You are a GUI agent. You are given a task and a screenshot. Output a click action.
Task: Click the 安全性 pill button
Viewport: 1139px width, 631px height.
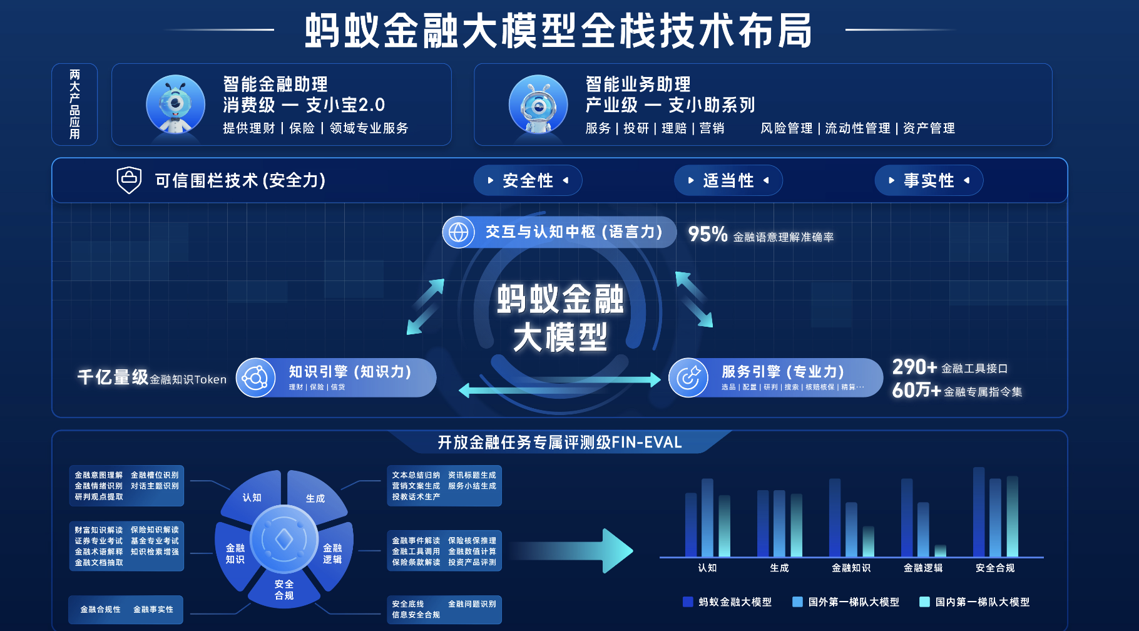528,181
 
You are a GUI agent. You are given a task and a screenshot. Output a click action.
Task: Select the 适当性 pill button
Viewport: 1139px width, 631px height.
728,181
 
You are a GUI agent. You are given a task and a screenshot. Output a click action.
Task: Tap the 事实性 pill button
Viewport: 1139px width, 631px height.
929,181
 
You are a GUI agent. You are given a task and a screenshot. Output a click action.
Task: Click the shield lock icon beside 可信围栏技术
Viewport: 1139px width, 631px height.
129,180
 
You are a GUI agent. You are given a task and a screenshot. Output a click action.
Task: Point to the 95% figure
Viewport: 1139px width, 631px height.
707,234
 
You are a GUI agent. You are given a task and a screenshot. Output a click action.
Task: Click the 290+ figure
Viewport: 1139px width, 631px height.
914,367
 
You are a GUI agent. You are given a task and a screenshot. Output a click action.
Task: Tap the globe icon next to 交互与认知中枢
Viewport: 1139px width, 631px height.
458,232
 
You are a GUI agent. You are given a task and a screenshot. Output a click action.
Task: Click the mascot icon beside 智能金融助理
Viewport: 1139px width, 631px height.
175,105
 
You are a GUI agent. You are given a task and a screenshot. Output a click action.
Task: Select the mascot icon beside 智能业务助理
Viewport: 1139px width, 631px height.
538,105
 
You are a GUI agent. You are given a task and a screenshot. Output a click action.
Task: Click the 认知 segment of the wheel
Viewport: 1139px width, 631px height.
253,495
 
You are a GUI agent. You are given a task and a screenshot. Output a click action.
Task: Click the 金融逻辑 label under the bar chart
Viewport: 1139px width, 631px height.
923,568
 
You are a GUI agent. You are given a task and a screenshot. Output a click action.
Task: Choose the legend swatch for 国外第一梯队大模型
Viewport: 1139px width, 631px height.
797,602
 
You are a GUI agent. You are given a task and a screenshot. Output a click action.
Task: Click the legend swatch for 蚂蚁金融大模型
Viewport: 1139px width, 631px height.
688,602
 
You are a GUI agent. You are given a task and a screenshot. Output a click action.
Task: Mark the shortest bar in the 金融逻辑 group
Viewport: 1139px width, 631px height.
940,551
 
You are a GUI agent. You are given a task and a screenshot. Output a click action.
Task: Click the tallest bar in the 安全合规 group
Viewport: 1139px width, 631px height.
979,512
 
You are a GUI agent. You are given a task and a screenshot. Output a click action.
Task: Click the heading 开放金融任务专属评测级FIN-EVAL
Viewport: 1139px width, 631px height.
559,443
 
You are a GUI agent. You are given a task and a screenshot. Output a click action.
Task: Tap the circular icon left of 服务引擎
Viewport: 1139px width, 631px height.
688,377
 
